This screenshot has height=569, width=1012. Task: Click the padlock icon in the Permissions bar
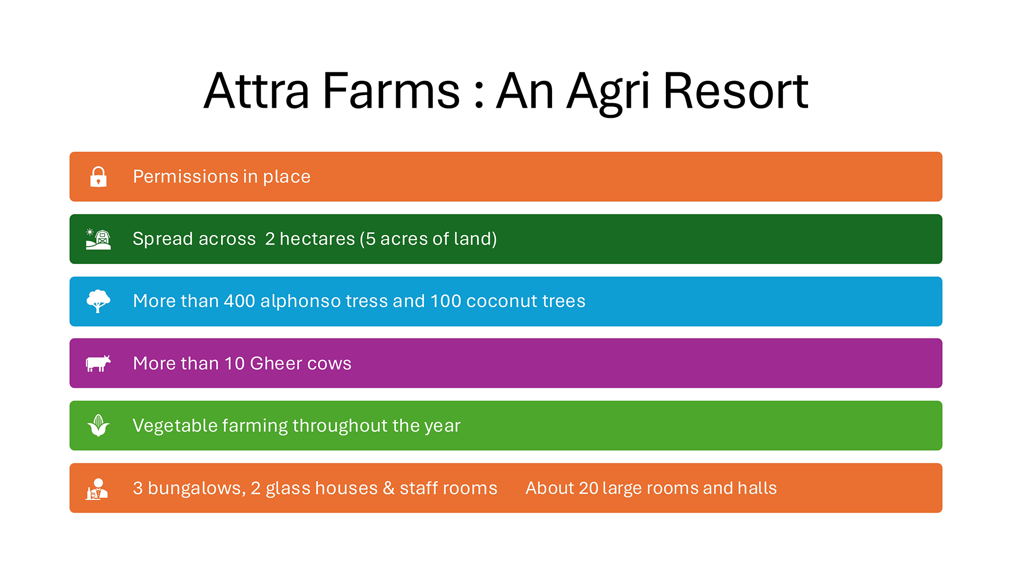[x=98, y=177]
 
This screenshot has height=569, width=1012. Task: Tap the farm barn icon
[x=98, y=239]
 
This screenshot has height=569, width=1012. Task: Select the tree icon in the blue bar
[x=98, y=301]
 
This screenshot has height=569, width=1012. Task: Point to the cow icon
[x=98, y=364]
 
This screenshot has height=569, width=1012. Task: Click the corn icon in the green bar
[x=98, y=425]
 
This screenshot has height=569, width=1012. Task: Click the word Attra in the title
[x=256, y=91]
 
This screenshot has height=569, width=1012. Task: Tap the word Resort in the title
[x=736, y=91]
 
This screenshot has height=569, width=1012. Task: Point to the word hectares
[x=317, y=239]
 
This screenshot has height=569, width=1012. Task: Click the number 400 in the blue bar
[x=239, y=301]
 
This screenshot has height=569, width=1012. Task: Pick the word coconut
[x=501, y=301]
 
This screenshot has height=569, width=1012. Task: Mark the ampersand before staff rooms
[x=389, y=488]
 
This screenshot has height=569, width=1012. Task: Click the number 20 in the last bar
[x=588, y=488]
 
